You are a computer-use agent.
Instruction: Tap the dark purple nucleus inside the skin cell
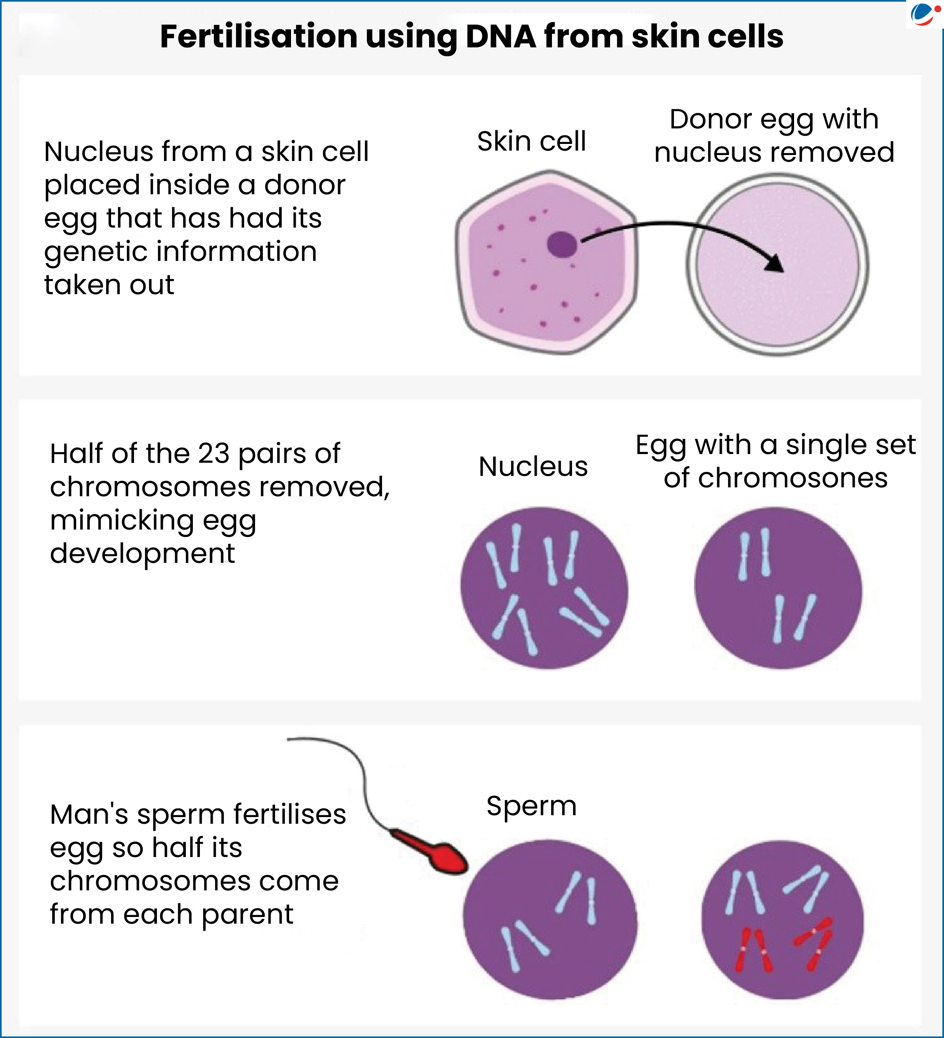(x=561, y=244)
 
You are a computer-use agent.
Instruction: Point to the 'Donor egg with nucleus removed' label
(x=774, y=135)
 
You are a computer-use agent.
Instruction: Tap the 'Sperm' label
(x=532, y=806)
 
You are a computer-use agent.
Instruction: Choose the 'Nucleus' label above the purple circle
(x=533, y=467)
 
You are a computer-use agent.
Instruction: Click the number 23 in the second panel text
(x=214, y=454)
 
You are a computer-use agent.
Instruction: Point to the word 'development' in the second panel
(x=142, y=554)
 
